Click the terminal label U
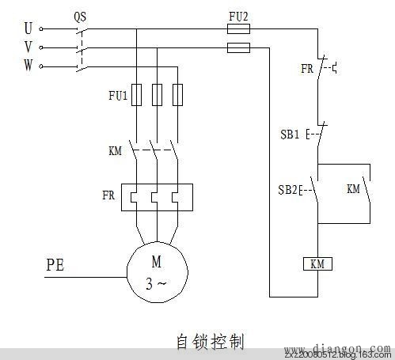tap(28, 28)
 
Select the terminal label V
tap(28, 47)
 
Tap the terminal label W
tap(28, 66)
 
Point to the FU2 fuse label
tap(238, 14)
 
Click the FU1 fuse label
tap(118, 96)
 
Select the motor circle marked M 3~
tap(158, 269)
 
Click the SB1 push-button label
tap(290, 135)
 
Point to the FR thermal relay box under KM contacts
tap(158, 197)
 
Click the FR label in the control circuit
tap(307, 68)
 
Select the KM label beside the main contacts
tap(116, 150)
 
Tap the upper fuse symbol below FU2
tap(238, 28)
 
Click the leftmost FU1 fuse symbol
tap(138, 95)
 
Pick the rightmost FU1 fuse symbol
tap(177, 95)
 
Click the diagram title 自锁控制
tap(209, 341)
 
